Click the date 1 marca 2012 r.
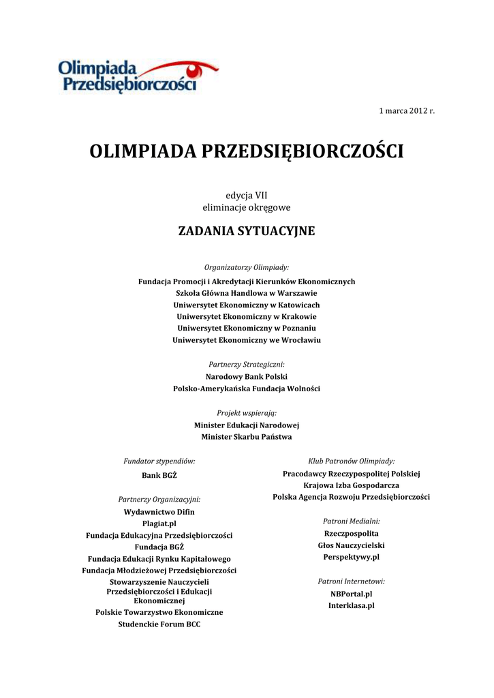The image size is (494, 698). point(407,110)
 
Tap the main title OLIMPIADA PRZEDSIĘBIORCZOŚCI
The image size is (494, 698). point(247,151)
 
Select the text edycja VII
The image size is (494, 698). point(247,195)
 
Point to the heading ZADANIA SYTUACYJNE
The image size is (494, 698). point(247,231)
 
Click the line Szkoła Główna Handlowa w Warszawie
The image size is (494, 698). point(247,293)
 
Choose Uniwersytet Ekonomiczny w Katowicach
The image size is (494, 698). point(247,305)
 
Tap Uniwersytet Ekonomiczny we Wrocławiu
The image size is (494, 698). point(247,339)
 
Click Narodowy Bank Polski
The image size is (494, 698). point(247,376)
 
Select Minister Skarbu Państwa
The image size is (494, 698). point(247,437)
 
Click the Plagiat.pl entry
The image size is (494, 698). point(159,523)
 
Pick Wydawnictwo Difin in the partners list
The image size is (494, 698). point(159,511)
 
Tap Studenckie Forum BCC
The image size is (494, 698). point(159,624)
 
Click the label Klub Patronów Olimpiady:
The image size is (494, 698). point(352,461)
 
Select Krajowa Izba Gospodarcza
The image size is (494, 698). point(352,485)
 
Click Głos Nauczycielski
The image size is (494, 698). point(352,545)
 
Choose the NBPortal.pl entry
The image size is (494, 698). point(352,594)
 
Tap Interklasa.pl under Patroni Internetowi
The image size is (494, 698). point(352,605)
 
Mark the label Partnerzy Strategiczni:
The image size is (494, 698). point(247,365)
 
